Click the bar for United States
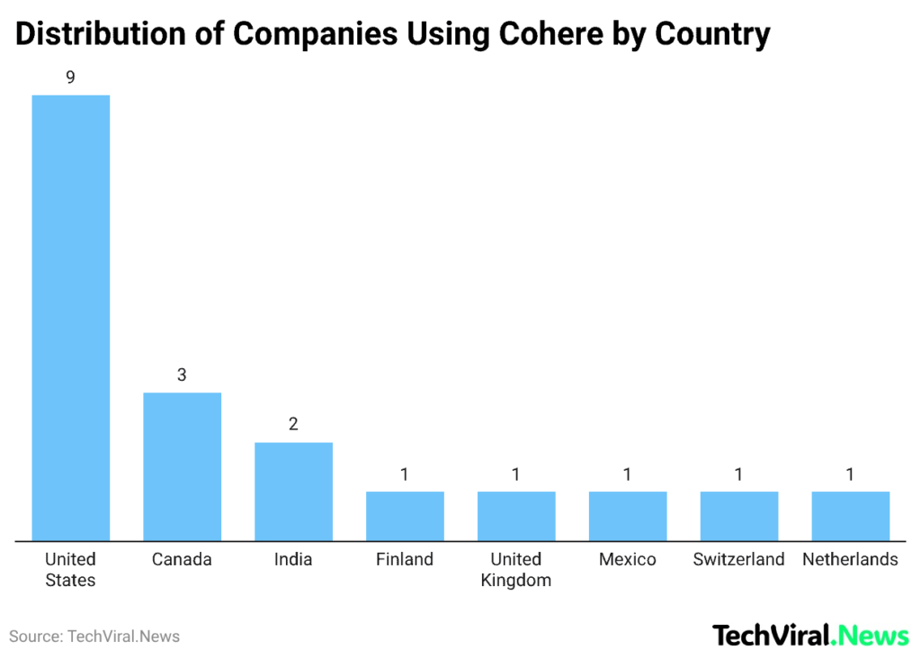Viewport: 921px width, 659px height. pyautogui.click(x=71, y=318)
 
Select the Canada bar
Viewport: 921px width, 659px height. pyautogui.click(x=183, y=466)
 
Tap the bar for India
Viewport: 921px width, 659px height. pyautogui.click(x=293, y=492)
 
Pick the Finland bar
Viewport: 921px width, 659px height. pyautogui.click(x=405, y=516)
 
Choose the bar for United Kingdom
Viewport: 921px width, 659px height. pyautogui.click(x=516, y=516)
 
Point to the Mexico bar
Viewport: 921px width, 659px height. pyautogui.click(x=628, y=516)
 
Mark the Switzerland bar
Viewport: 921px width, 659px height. pyautogui.click(x=738, y=516)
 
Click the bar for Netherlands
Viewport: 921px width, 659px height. pyautogui.click(x=850, y=516)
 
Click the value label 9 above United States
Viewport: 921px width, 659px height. pyautogui.click(x=70, y=77)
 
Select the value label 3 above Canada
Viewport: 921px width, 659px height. pyautogui.click(x=182, y=375)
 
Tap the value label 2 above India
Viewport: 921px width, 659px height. pyautogui.click(x=293, y=424)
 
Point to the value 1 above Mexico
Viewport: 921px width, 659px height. pyautogui.click(x=628, y=474)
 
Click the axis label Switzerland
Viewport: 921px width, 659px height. pyautogui.click(x=738, y=559)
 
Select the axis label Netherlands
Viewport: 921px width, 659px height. pyautogui.click(x=850, y=559)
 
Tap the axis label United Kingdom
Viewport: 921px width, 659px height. pyautogui.click(x=516, y=570)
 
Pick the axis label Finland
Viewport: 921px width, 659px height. pyautogui.click(x=405, y=559)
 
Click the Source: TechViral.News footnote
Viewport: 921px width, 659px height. pyautogui.click(x=94, y=636)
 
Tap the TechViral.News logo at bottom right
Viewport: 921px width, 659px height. pyautogui.click(x=810, y=636)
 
